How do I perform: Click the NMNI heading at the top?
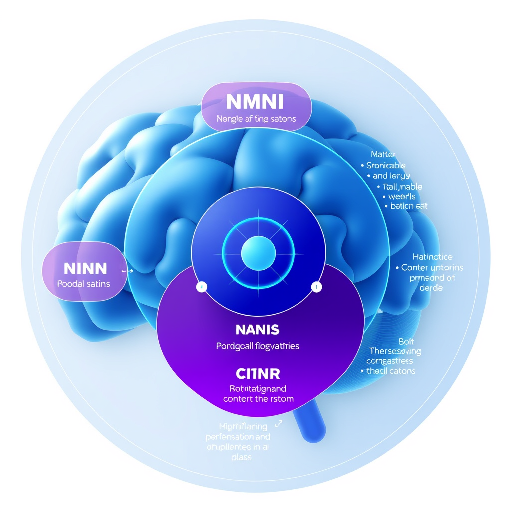(255, 102)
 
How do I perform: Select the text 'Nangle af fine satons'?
(256, 119)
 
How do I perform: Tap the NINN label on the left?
(85, 269)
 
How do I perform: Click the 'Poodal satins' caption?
(84, 284)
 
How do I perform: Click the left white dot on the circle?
(201, 287)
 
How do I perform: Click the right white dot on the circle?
(315, 287)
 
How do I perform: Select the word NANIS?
(257, 330)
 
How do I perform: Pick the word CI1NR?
(258, 373)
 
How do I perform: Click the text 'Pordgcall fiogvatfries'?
(258, 346)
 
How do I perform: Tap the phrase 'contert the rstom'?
(258, 399)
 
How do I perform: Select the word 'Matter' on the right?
(383, 155)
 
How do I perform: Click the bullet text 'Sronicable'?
(386, 165)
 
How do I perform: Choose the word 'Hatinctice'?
(433, 257)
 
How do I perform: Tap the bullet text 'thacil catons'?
(391, 371)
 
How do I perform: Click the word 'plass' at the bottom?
(241, 457)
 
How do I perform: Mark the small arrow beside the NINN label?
(128, 270)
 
